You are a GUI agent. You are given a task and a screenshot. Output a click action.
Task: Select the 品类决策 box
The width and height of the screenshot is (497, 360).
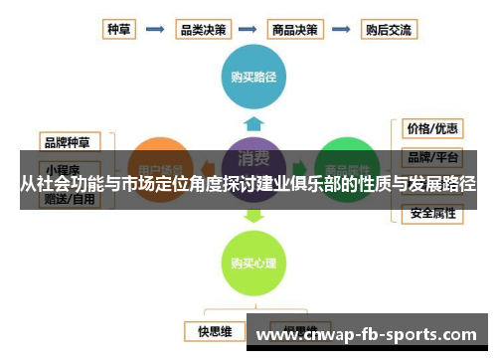203,30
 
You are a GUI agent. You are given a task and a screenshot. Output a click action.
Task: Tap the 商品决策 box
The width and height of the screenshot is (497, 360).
296,30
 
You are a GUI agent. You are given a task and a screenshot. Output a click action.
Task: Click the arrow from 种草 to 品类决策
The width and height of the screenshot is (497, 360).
155,30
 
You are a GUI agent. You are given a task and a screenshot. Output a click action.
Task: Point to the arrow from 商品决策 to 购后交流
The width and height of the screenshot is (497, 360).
340,30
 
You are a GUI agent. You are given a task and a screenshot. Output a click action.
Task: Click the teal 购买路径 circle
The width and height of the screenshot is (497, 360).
253,76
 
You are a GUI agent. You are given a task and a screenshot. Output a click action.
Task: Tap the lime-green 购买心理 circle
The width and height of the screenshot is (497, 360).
253,263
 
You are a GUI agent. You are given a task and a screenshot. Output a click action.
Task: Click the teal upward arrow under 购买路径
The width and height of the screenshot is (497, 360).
253,123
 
